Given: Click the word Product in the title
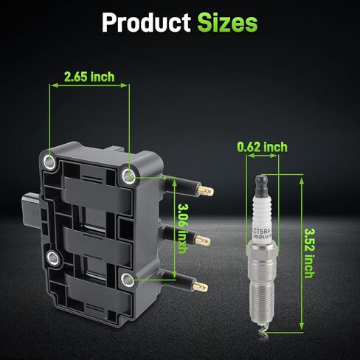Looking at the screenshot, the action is (x=146, y=22).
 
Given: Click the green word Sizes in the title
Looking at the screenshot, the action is (x=227, y=22).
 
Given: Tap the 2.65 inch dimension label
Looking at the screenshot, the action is (x=89, y=77).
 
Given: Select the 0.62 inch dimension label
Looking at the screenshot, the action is (x=262, y=147).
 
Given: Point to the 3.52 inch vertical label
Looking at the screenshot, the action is (x=310, y=253).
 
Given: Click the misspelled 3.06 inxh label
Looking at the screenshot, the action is (x=183, y=228).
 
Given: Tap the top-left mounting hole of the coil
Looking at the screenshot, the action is (x=49, y=162).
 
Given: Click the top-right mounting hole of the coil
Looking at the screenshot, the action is (x=128, y=176).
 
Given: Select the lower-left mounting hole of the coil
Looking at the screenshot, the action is (x=53, y=258).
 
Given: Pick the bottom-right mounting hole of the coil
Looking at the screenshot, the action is (x=128, y=280).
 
